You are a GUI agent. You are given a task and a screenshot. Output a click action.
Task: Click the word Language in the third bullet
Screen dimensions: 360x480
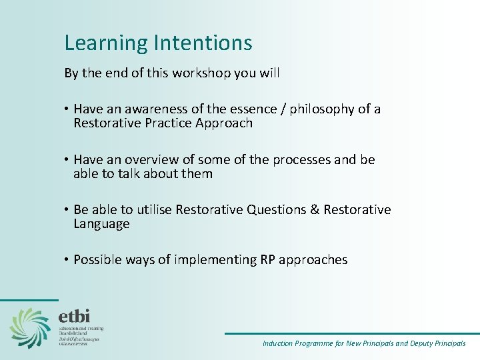[x=101, y=225]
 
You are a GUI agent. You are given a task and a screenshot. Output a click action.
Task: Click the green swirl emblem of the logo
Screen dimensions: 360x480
[x=30, y=327]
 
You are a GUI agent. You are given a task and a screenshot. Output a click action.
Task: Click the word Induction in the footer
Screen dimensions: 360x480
[x=277, y=343]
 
